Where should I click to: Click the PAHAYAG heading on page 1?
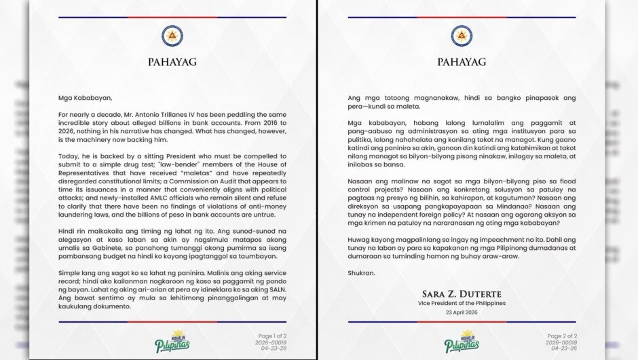click(x=172, y=62)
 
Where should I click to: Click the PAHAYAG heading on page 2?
click(x=462, y=62)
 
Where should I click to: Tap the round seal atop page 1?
click(x=172, y=36)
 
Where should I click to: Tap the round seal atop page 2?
click(x=462, y=36)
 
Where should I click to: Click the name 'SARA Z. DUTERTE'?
click(x=462, y=293)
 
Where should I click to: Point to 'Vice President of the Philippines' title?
click(x=462, y=302)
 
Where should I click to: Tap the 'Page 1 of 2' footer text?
click(x=274, y=336)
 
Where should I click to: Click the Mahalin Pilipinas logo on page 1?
click(x=172, y=341)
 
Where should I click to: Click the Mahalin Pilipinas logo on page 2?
click(x=462, y=341)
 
